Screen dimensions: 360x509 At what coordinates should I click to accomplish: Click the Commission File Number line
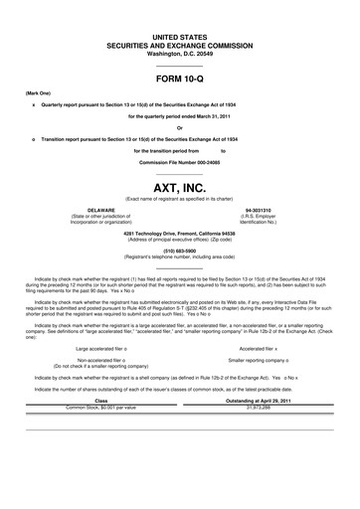coord(180,161)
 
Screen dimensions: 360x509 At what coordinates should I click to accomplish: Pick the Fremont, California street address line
coord(180,234)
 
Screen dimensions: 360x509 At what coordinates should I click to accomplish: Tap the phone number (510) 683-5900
coord(180,251)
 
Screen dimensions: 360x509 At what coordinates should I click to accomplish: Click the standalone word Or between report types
coord(180,127)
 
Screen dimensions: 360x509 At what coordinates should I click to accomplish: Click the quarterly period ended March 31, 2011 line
coord(180,116)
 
